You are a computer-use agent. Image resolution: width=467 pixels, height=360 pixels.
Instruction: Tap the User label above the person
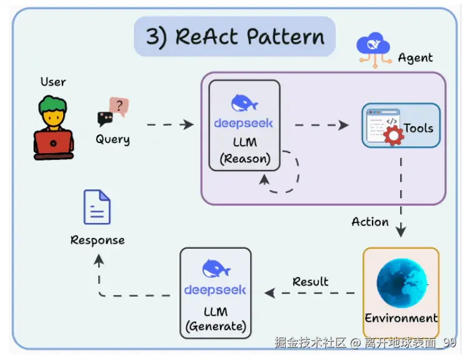pos(53,82)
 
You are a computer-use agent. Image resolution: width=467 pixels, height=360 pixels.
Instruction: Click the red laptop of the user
pos(54,144)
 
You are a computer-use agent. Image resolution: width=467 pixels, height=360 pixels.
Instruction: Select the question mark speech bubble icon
pos(118,106)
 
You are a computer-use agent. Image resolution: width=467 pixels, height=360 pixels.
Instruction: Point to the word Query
pos(113,139)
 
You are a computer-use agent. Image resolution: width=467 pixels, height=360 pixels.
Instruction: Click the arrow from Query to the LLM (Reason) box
pos(170,124)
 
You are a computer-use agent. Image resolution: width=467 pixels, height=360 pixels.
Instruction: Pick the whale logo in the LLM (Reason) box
pos(244,102)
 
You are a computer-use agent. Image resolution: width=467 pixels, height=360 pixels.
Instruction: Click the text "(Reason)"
pos(244,159)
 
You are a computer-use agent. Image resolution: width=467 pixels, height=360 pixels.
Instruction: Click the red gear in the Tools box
pos(393,136)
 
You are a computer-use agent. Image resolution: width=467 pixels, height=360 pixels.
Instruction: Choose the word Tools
pos(418,128)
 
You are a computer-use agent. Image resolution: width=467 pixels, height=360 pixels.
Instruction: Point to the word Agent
pos(415,58)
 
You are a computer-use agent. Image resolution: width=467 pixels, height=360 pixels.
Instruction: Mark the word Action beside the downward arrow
pos(370,222)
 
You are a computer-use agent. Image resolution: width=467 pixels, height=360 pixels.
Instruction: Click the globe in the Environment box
pos(401,281)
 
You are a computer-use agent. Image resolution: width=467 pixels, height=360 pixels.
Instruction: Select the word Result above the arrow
pos(311,281)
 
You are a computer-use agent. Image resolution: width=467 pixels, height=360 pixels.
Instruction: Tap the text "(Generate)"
pos(216,326)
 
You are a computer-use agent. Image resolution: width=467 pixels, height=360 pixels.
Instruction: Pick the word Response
pos(98,240)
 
